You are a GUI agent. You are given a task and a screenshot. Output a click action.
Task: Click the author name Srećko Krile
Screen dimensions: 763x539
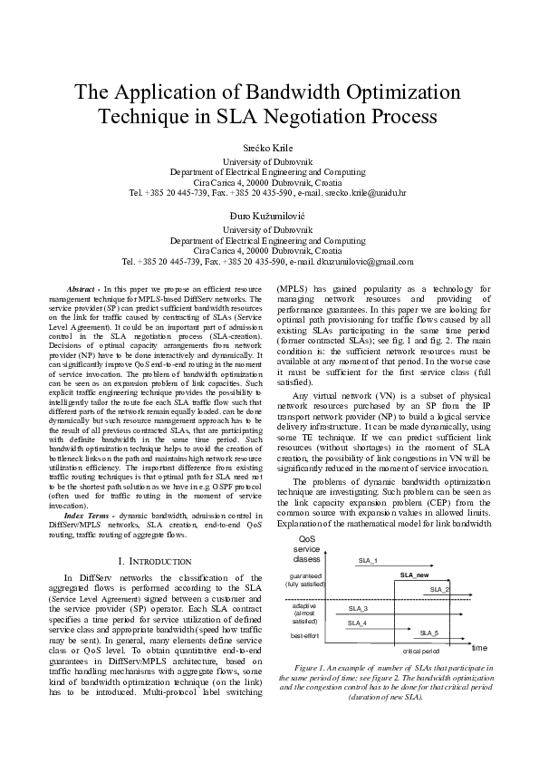pyautogui.click(x=268, y=147)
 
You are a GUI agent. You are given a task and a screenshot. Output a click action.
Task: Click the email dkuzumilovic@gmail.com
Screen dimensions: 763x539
pyautogui.click(x=364, y=261)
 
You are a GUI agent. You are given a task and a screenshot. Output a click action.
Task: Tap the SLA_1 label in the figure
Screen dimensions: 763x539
pyautogui.click(x=368, y=562)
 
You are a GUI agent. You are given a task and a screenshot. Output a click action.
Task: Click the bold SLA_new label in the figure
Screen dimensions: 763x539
pyautogui.click(x=414, y=575)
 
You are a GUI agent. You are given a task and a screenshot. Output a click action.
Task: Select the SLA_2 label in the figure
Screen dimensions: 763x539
pyautogui.click(x=440, y=590)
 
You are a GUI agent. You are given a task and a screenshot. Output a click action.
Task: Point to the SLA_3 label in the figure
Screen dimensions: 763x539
pyautogui.click(x=358, y=609)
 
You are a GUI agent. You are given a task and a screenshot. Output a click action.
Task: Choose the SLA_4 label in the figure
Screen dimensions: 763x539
pyautogui.click(x=357, y=623)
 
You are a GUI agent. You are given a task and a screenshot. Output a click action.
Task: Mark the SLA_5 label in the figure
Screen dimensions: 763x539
pyautogui.click(x=429, y=633)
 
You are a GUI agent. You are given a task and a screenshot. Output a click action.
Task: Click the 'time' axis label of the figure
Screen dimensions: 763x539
pyautogui.click(x=479, y=647)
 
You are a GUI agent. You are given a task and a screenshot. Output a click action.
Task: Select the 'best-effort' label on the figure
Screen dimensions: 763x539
pyautogui.click(x=304, y=636)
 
